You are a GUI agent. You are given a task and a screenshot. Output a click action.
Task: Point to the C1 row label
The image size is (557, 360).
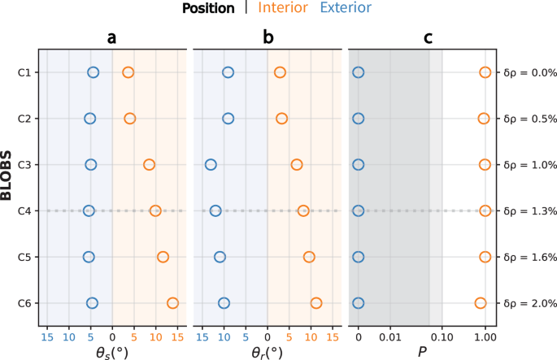[x=25, y=73]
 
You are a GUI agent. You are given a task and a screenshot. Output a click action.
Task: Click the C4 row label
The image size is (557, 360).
[x=25, y=211]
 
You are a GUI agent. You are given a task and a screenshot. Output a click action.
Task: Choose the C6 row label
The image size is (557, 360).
[x=25, y=304]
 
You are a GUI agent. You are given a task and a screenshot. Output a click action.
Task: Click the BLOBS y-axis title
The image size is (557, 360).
[x=7, y=188]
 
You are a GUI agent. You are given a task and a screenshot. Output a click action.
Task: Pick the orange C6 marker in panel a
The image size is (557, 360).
[x=172, y=303]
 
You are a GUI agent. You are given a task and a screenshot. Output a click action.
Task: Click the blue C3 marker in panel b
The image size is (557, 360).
[x=211, y=165]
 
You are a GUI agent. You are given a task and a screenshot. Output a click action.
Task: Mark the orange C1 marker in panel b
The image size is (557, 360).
[x=280, y=73]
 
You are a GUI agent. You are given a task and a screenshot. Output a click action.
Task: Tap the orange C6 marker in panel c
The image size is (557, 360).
[x=481, y=303]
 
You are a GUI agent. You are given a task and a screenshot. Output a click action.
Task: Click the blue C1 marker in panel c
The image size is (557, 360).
[x=359, y=73]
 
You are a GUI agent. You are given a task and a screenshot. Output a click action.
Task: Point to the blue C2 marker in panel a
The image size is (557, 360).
[x=90, y=119]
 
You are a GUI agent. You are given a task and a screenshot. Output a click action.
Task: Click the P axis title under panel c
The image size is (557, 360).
[x=421, y=352]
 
